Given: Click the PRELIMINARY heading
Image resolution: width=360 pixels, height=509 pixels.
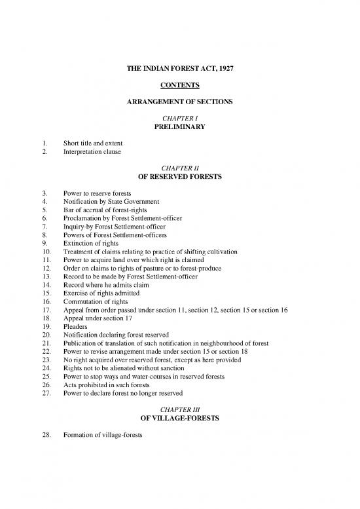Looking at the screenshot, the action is [180, 127].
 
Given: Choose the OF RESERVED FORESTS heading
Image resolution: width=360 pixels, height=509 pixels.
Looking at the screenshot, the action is [180, 177].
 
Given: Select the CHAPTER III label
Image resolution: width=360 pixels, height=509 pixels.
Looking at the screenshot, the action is [180, 410].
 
